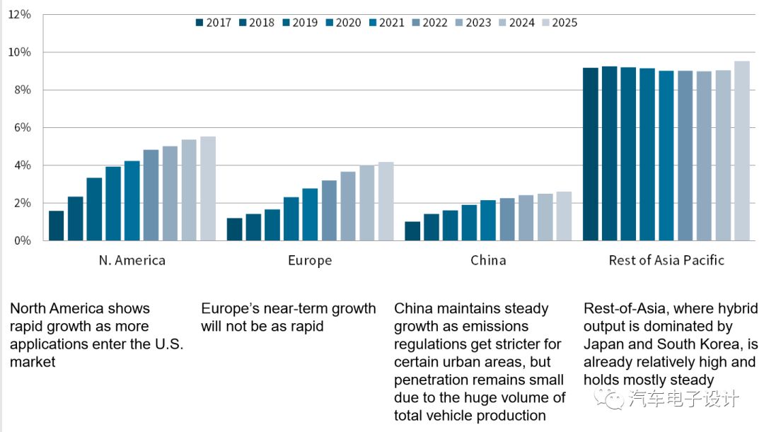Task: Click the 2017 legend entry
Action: click(x=214, y=23)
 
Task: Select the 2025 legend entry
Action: click(x=559, y=23)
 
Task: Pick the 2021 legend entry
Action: click(x=386, y=23)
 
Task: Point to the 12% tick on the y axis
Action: click(x=19, y=15)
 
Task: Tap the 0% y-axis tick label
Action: click(x=22, y=240)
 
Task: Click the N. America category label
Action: click(x=132, y=260)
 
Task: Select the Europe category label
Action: click(x=310, y=260)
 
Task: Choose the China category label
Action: click(x=488, y=260)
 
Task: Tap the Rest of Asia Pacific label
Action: click(x=666, y=260)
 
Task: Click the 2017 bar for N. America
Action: click(x=57, y=226)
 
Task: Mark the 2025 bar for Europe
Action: click(x=386, y=202)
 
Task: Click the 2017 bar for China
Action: click(x=412, y=231)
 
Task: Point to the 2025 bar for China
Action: click(x=564, y=216)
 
